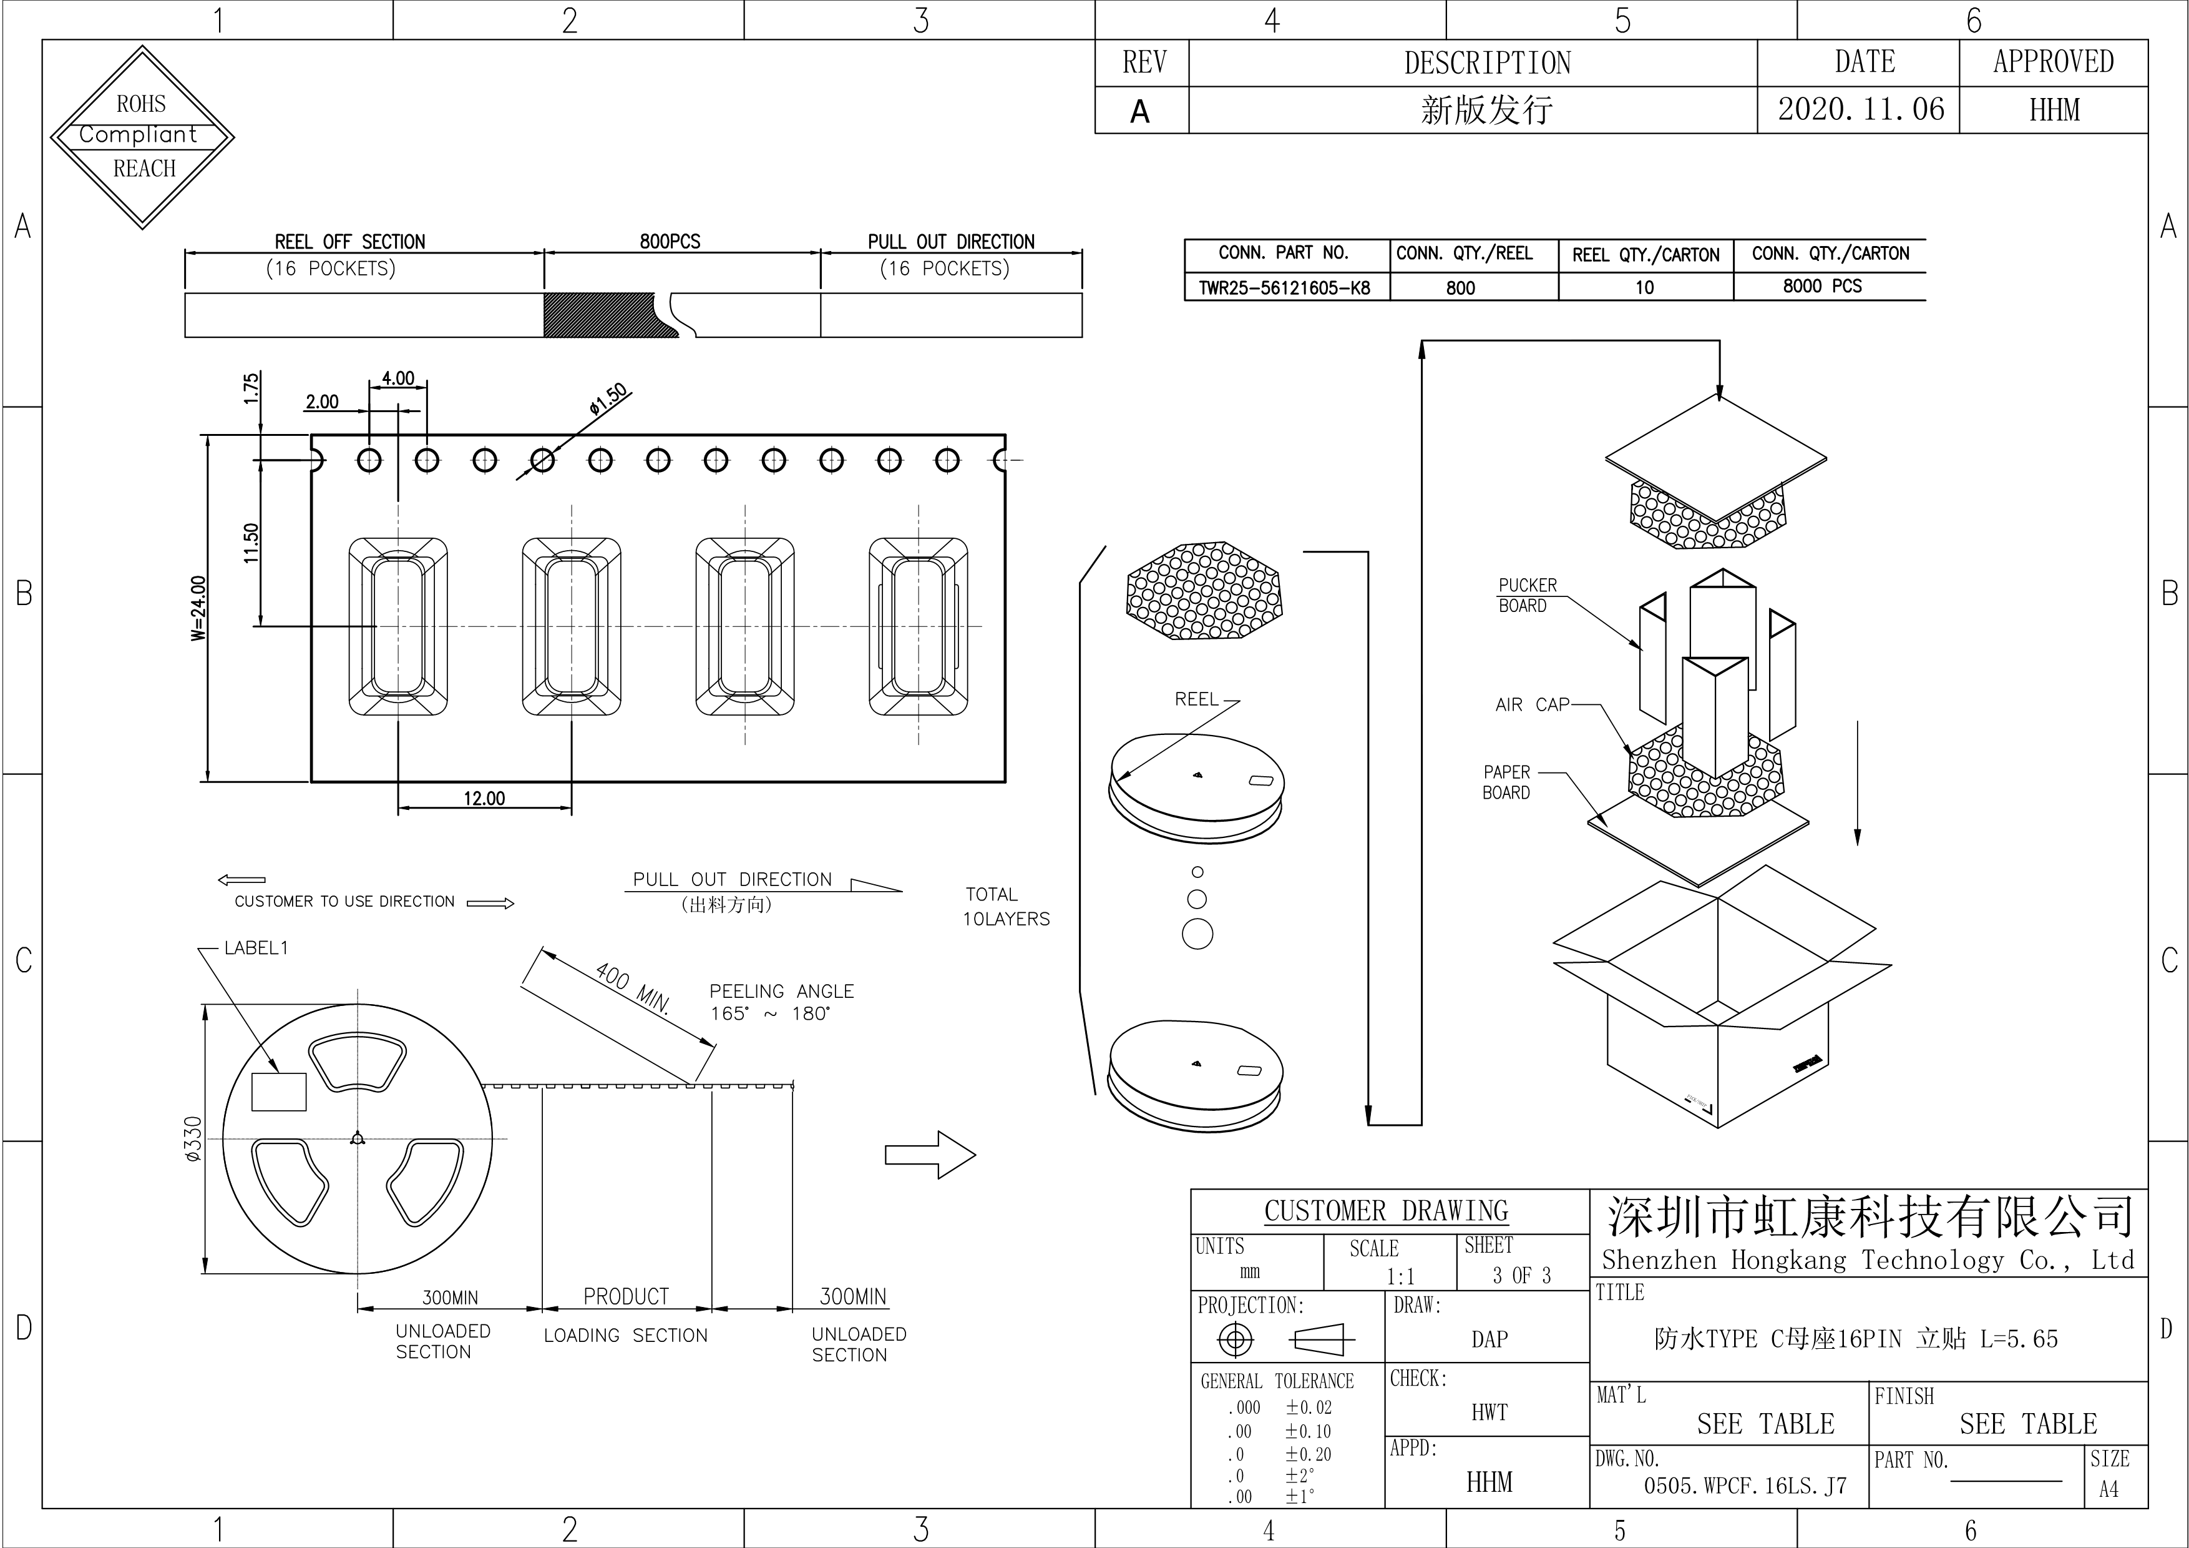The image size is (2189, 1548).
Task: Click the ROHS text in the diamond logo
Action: coord(141,103)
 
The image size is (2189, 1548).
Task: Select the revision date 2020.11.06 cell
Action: coord(1860,110)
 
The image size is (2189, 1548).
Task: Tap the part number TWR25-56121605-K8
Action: coord(1284,288)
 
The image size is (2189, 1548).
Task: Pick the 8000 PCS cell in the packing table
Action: coord(1822,286)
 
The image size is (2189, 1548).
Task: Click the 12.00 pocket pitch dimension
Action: coord(484,798)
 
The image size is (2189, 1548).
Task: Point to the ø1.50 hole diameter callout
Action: coord(608,398)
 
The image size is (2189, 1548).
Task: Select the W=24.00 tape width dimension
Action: coord(198,608)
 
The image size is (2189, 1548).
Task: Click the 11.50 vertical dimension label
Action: coord(251,543)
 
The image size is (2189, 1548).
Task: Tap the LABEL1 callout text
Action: coord(255,948)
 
